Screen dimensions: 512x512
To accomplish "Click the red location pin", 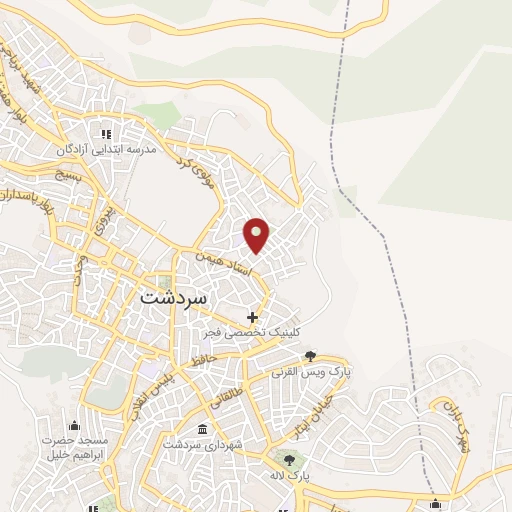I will [x=257, y=234].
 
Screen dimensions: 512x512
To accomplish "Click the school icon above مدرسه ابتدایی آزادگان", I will [x=103, y=132].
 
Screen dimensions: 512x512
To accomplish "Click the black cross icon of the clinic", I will [x=252, y=317].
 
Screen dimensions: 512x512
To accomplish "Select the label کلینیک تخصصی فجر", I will [x=251, y=332].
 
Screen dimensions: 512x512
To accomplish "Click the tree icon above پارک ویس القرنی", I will [x=310, y=355].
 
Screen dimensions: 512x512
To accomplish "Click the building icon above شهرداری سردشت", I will [x=203, y=429].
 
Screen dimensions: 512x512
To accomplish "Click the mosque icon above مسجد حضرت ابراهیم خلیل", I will [x=73, y=426].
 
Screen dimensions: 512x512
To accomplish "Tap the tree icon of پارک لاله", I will [x=289, y=459].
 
